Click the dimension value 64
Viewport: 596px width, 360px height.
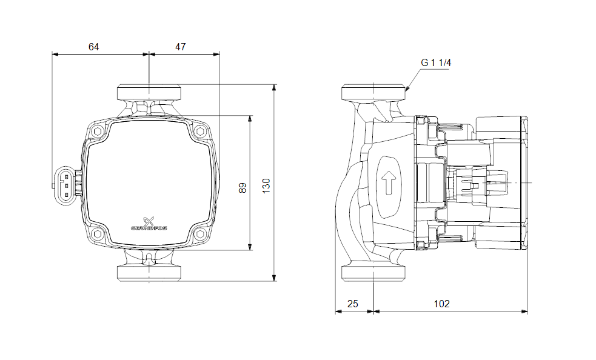93,47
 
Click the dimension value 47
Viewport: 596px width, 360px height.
181,47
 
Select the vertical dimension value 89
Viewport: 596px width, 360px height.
243,188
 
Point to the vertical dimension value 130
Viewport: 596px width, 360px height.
266,185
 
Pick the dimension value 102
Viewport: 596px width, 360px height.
443,304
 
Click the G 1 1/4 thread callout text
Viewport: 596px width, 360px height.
437,62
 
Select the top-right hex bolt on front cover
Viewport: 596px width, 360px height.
199,131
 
